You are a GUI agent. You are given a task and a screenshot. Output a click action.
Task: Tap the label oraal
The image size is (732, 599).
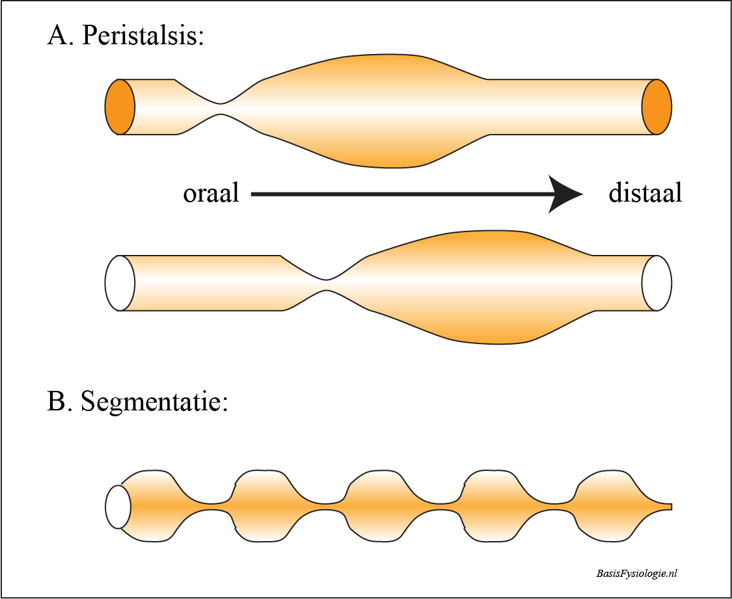point(211,194)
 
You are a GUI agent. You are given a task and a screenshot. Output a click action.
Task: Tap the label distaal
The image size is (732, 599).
point(645,194)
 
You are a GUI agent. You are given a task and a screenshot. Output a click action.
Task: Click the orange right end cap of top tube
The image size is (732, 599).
point(657,107)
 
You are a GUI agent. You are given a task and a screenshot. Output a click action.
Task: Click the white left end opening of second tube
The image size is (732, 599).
point(120,284)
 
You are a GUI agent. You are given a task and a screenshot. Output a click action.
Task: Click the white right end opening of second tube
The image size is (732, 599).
point(657,284)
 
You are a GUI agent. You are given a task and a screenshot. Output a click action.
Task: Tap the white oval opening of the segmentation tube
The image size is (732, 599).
point(118,506)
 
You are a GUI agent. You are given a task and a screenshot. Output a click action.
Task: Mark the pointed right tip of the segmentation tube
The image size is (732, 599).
point(670,506)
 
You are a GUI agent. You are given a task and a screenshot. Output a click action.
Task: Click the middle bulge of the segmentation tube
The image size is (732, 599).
point(381,505)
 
